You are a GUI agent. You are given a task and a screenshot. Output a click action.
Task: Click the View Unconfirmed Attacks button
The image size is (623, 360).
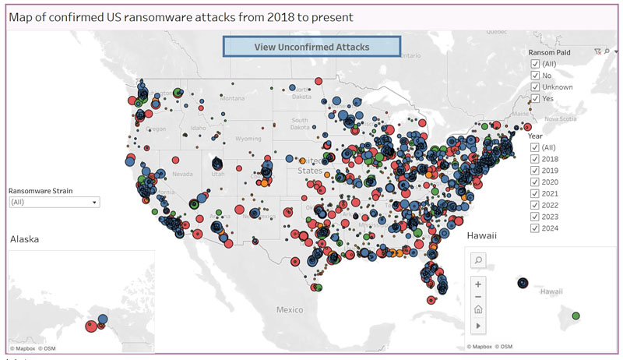point(311,47)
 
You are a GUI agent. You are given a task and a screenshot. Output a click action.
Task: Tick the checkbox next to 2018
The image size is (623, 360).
point(535,159)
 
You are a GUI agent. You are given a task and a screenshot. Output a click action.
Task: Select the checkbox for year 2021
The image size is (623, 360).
point(535,193)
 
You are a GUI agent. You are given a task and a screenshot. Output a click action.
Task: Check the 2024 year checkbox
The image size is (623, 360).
point(535,228)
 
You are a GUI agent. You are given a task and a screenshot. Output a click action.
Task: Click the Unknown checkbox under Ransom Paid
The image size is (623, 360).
point(535,87)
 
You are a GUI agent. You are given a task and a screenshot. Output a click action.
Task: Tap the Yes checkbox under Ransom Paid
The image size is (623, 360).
point(535,99)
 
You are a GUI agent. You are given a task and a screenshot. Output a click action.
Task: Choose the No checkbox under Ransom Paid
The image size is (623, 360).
point(535,76)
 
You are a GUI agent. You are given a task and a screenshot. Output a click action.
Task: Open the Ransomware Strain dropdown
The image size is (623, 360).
point(54,202)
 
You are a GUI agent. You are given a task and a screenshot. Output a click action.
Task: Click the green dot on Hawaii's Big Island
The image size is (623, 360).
point(575,316)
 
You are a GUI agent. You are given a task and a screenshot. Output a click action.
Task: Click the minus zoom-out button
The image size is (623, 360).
point(478,296)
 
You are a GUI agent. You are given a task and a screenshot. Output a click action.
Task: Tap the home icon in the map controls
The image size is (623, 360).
point(478,309)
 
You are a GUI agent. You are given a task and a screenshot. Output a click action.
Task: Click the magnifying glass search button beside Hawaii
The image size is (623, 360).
point(478,260)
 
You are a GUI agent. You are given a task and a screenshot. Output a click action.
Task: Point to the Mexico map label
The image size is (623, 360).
point(289,310)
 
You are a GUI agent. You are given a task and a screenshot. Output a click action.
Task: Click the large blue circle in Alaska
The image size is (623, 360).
point(103,319)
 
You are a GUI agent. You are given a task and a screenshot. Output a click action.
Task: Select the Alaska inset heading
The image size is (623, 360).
point(24,239)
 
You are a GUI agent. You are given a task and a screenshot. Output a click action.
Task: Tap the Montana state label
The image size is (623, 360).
point(232,98)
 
